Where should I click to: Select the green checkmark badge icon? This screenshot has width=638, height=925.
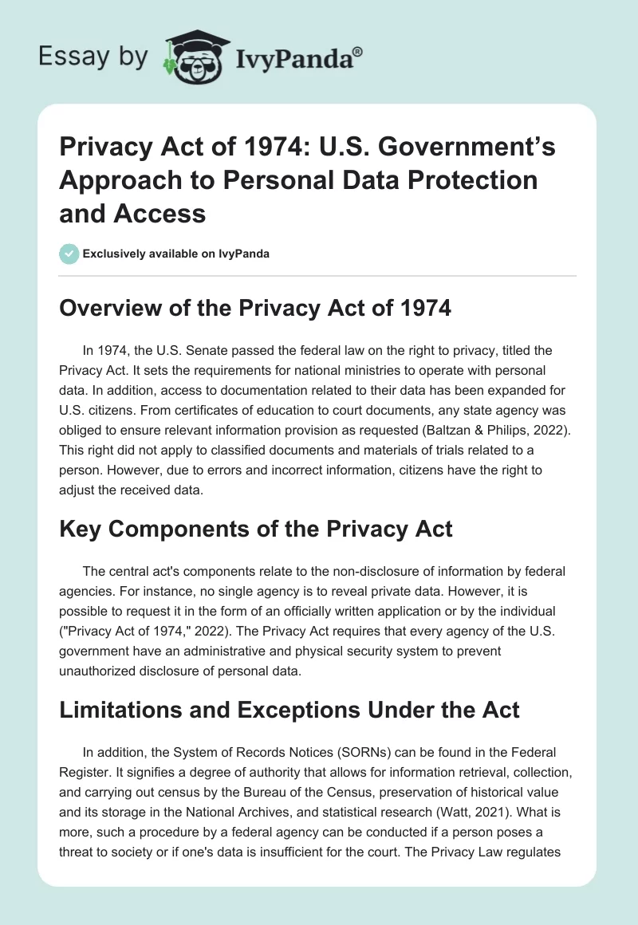pos(69,254)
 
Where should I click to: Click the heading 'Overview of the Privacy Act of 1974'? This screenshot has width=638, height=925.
pos(255,309)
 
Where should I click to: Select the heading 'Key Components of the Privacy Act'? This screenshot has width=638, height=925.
pos(255,529)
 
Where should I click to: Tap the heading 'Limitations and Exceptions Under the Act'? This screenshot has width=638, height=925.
pos(289,709)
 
